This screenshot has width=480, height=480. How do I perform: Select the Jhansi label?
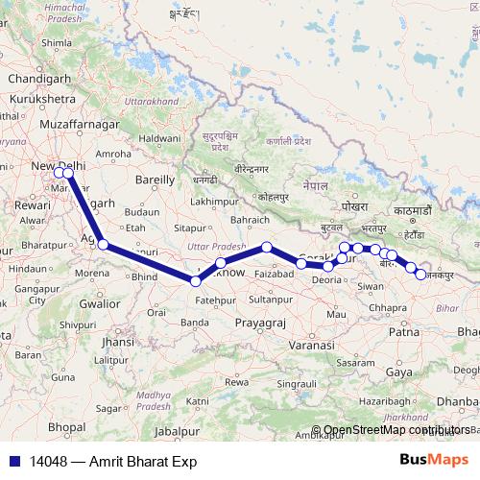tap(117, 341)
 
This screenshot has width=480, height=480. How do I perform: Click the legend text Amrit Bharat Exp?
tap(143, 461)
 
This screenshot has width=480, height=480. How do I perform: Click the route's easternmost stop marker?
tap(420, 276)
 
